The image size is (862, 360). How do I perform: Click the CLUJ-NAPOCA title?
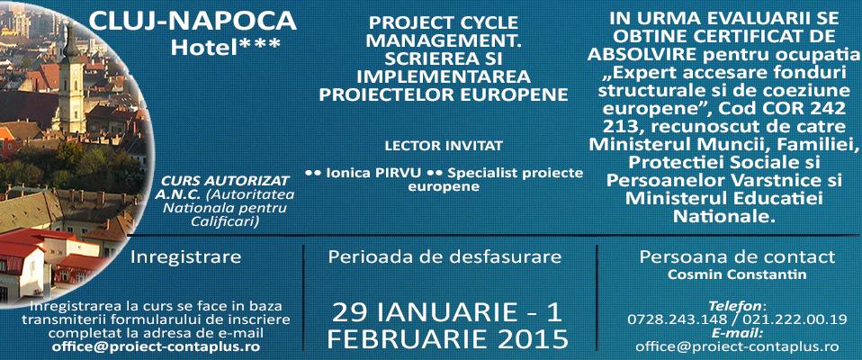click(x=193, y=22)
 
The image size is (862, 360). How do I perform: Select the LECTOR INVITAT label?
click(x=444, y=147)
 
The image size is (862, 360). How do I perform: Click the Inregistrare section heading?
click(x=186, y=257)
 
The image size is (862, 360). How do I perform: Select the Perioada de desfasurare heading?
click(x=444, y=256)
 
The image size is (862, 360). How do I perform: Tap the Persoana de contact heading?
click(x=737, y=256)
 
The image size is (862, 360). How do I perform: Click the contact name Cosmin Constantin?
click(x=737, y=274)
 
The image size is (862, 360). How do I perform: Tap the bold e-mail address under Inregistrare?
click(x=157, y=346)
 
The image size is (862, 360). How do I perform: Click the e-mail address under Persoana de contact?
click(x=737, y=346)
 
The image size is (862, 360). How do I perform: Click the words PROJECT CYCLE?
click(x=444, y=23)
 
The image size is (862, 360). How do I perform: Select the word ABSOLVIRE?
click(x=642, y=55)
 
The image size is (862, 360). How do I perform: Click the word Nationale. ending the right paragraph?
click(x=724, y=217)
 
